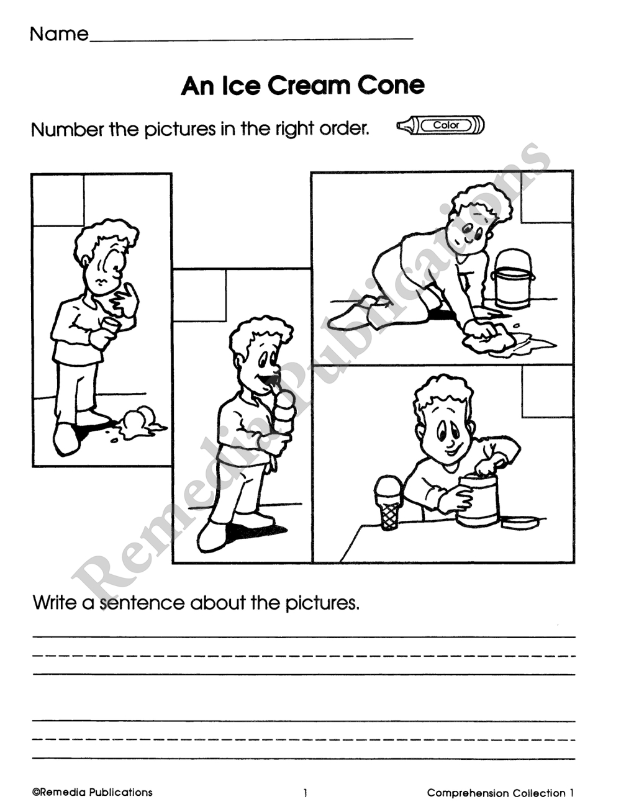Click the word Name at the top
(x=60, y=34)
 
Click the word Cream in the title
(x=308, y=86)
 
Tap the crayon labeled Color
(x=441, y=125)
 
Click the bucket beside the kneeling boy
(x=512, y=279)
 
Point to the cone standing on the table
(x=389, y=503)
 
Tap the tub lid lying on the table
(x=519, y=522)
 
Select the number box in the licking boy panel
(x=200, y=295)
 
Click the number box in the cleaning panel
(x=546, y=197)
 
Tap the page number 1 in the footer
(x=306, y=793)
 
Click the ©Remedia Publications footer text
(x=92, y=793)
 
